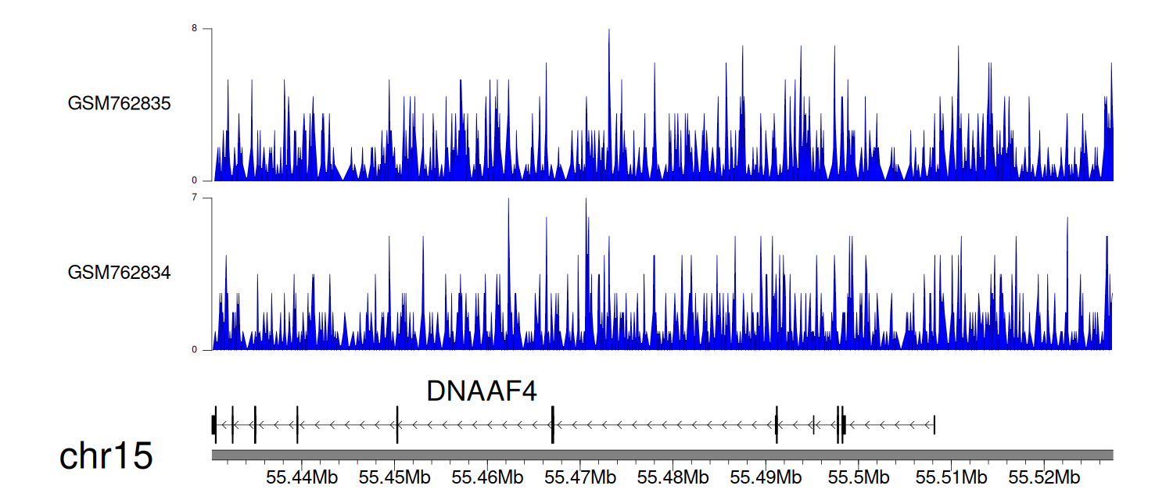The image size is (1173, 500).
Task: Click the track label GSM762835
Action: [x=119, y=104]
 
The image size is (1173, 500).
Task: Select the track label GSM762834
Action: [x=119, y=273]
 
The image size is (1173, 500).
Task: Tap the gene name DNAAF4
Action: [x=482, y=391]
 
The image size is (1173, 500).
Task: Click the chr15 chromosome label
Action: [x=106, y=456]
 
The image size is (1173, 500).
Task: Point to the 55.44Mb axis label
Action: [x=302, y=477]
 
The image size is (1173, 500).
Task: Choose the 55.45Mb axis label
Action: [x=394, y=477]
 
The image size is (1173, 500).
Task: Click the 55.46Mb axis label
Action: [x=487, y=477]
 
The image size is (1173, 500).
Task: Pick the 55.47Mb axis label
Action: [x=580, y=477]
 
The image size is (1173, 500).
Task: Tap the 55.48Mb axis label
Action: [x=673, y=477]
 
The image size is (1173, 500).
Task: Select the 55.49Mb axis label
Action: [x=766, y=477]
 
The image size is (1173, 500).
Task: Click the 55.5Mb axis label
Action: [x=859, y=477]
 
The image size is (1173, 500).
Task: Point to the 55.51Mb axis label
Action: [x=952, y=477]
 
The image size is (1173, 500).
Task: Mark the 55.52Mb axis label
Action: [x=1044, y=477]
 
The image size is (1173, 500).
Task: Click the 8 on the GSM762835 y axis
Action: [x=194, y=28]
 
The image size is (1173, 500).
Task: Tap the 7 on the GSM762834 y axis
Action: [x=194, y=198]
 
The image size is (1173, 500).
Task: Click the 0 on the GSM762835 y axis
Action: [x=194, y=180]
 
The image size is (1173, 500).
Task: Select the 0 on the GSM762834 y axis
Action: [x=194, y=349]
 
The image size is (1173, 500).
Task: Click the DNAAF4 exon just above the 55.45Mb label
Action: [x=397, y=425]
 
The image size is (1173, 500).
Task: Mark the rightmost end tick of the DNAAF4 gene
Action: [x=934, y=425]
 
